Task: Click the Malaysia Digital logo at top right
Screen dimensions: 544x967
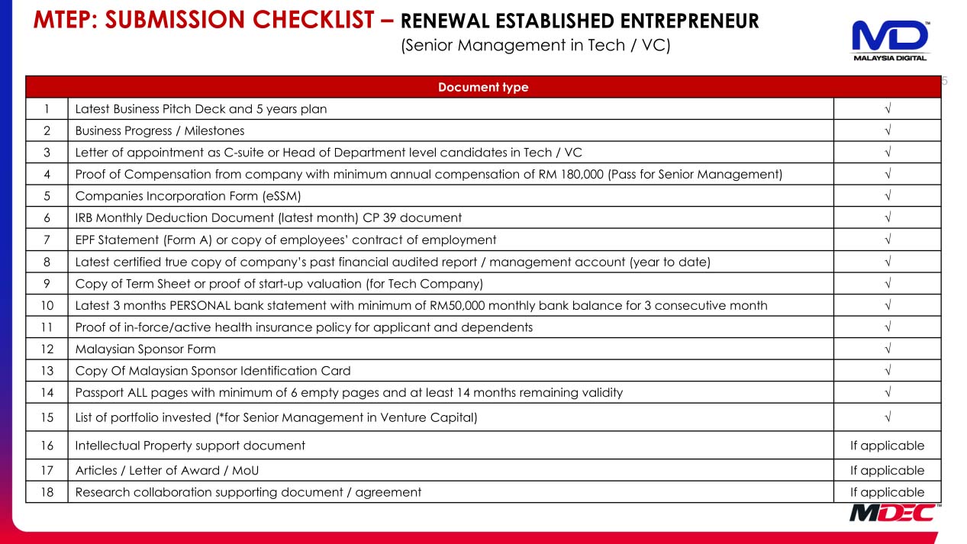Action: coord(890,40)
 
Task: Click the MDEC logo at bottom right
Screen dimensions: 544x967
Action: coord(891,513)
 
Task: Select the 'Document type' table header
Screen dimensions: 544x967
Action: coord(482,87)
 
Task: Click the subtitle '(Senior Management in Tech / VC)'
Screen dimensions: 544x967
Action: coord(535,45)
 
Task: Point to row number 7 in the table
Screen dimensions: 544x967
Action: coord(47,240)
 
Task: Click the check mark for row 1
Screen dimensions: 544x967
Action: coord(887,109)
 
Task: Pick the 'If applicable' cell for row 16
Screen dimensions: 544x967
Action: coord(887,446)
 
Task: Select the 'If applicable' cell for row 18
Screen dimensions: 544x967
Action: coord(887,492)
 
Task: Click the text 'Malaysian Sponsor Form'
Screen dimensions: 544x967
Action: coord(145,349)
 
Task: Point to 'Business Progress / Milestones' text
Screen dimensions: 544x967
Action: coord(160,131)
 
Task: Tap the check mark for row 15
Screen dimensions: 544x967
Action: coord(887,417)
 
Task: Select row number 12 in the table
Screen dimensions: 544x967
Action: coord(47,349)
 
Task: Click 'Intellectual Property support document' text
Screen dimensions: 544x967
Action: coord(190,446)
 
